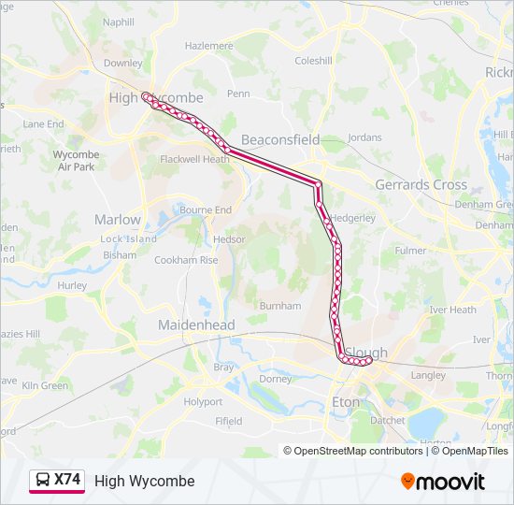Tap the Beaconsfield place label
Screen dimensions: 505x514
[x=280, y=139]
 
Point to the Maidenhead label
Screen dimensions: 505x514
[x=196, y=325]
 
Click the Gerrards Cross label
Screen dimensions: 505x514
[x=421, y=184]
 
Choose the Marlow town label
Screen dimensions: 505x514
[x=118, y=220]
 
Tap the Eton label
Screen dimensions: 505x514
[x=346, y=402]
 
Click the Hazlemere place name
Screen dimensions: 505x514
[x=208, y=45]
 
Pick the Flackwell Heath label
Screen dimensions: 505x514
[x=194, y=159]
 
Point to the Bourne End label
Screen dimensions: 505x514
[x=206, y=209]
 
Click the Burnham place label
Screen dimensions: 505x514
[x=280, y=306]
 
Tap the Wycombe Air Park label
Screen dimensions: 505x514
[x=76, y=160]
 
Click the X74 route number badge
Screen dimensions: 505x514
[x=67, y=480]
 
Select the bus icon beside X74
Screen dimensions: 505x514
[x=42, y=481]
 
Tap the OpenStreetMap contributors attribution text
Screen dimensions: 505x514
[x=353, y=451]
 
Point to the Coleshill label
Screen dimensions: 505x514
[x=313, y=61]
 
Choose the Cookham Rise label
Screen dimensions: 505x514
[x=185, y=260]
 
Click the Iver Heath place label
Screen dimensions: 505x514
[x=452, y=310]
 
